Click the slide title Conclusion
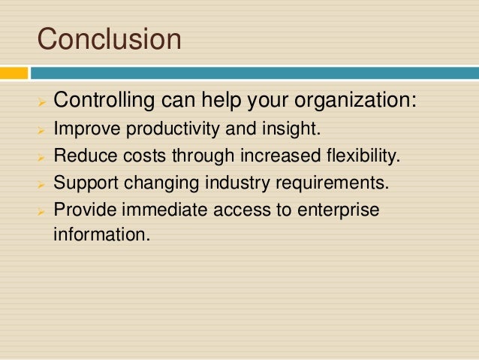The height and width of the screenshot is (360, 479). (110, 39)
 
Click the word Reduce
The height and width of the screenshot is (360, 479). (77, 156)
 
